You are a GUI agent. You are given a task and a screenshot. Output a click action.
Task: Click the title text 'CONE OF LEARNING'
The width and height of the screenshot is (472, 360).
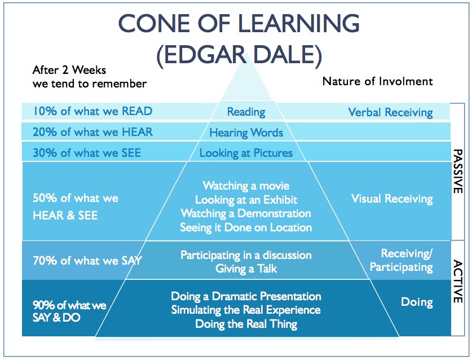(239, 24)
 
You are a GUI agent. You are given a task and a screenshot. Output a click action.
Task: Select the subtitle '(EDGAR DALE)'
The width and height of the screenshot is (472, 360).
(239, 55)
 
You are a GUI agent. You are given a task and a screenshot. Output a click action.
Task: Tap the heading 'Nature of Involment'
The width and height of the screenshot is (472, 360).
(377, 81)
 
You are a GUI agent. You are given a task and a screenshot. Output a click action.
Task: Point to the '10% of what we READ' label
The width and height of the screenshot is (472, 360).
(92, 111)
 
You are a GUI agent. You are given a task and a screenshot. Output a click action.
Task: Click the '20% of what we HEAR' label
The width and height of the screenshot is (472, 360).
(92, 132)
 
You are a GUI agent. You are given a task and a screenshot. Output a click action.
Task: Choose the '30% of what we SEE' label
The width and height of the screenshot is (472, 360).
(87, 153)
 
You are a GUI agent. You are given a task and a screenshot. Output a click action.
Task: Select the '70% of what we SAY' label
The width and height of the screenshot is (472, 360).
(87, 260)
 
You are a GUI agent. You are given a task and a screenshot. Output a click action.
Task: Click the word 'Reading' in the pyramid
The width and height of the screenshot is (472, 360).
(246, 112)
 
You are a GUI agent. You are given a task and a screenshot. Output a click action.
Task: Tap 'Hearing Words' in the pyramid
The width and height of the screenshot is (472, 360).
(246, 133)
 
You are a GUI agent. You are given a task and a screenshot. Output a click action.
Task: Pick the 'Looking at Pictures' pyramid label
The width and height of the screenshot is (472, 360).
(246, 153)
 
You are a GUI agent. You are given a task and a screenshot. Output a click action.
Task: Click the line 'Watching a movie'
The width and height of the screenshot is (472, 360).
(246, 186)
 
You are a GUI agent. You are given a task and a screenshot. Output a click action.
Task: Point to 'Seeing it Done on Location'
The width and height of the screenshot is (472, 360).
(246, 227)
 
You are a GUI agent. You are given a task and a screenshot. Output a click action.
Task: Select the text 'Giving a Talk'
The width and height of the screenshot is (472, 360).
(246, 269)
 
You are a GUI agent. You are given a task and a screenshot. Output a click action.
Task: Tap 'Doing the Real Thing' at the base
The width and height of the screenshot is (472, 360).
(246, 324)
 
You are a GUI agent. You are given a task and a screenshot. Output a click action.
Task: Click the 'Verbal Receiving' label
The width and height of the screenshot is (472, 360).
(390, 112)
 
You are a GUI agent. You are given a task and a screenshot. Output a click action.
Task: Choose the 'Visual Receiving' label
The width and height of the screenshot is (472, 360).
(392, 199)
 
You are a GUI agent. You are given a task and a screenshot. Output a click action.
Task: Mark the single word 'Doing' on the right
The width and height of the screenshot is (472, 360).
(417, 302)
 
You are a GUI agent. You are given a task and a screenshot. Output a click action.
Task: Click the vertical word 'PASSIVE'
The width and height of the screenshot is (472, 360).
(457, 172)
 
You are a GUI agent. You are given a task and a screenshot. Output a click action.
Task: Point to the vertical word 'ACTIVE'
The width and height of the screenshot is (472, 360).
(457, 282)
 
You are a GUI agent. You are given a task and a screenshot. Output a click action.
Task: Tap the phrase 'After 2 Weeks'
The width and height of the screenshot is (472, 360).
(69, 70)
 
